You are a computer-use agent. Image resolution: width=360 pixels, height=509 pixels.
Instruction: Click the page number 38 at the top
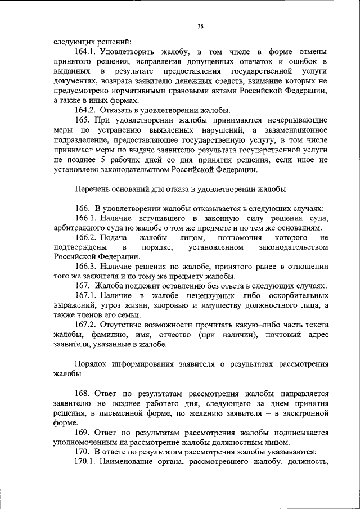coord(200,25)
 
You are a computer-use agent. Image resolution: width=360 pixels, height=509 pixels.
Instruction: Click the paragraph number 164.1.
coord(85,51)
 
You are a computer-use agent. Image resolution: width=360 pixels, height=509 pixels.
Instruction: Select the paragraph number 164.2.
coord(85,110)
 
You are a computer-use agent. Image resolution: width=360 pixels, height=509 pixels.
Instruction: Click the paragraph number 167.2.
coord(85,326)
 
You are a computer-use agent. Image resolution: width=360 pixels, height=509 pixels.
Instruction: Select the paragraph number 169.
coord(82,433)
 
